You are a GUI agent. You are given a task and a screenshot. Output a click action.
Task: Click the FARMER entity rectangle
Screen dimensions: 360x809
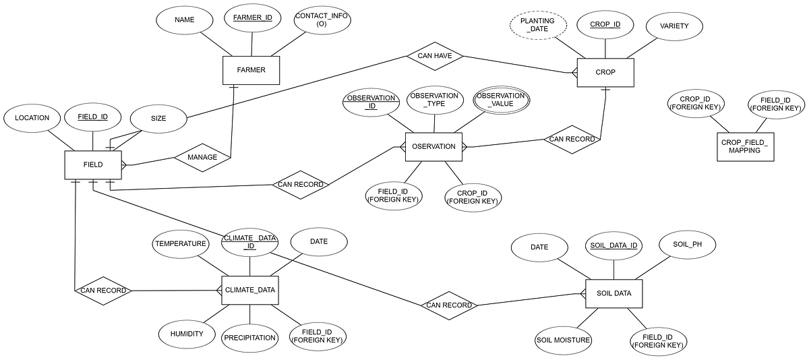(251, 70)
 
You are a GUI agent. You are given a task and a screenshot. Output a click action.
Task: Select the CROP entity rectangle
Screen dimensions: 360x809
(605, 72)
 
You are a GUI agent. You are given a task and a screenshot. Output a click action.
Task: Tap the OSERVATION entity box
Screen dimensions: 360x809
(433, 146)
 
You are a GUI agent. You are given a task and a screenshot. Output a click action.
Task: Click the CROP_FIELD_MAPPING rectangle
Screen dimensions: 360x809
(745, 146)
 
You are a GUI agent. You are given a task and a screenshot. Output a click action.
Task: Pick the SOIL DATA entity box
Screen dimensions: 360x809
(613, 294)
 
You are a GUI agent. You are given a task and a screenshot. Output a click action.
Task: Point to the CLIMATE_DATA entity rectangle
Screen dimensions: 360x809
(249, 290)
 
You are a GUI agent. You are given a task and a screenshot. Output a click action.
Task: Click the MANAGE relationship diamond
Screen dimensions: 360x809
(202, 157)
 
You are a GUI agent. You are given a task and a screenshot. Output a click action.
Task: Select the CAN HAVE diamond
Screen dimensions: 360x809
(435, 56)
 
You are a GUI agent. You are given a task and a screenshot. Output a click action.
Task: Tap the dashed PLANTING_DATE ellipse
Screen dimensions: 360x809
(537, 26)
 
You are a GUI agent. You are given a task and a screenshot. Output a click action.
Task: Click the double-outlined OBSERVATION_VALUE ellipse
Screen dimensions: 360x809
(500, 100)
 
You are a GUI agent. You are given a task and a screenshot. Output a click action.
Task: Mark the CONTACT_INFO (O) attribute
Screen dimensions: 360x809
(322, 20)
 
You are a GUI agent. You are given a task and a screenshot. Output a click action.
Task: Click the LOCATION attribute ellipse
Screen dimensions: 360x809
(32, 118)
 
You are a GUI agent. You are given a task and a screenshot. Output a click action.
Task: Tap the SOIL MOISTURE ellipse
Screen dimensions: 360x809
(564, 340)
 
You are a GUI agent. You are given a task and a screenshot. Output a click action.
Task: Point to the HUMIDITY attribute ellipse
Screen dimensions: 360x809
(187, 334)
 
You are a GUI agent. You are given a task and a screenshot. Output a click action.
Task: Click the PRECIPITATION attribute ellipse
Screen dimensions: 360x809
(249, 338)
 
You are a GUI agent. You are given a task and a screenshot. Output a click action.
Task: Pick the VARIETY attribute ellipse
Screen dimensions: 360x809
(674, 26)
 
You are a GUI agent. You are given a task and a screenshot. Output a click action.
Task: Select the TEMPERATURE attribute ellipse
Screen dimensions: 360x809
(180, 244)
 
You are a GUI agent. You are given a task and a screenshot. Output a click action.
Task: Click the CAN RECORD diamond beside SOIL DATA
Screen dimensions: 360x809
(449, 305)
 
